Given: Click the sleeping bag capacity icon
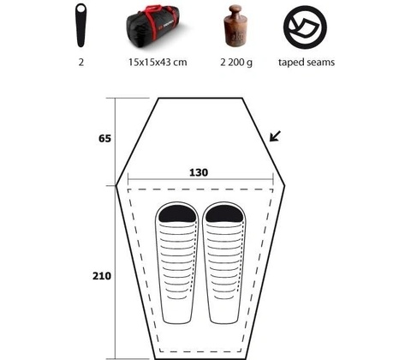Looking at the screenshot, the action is pos(80,25).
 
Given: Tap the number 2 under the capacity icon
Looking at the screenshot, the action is pos(81,63).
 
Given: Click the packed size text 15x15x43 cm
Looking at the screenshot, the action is pos(158,63).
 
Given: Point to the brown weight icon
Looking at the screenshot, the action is pos(235,26).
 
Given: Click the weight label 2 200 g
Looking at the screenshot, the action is pos(236,63).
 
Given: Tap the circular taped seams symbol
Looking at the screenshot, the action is pos(305,27).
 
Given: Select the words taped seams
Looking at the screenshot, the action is pos(307,63).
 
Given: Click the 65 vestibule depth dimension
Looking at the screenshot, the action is pos(104,139).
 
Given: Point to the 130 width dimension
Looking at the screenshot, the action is pos(199,172).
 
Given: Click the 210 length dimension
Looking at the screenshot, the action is pos(102,276).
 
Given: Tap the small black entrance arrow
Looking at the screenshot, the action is pos(275,136).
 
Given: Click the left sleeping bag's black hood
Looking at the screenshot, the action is pos(177,214).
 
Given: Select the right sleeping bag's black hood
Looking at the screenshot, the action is pos(224,214).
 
